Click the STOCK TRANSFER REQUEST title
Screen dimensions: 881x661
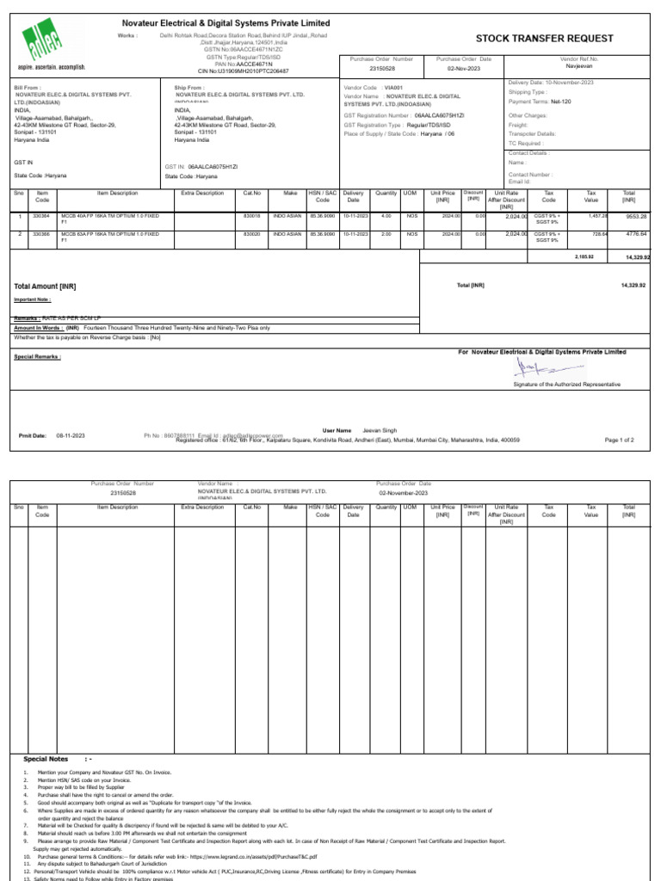tap(545, 39)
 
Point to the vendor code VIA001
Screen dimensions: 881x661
tap(392, 88)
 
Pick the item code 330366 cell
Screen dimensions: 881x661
tap(41, 233)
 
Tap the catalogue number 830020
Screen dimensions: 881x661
tap(251, 233)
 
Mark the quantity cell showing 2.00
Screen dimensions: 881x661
tap(386, 233)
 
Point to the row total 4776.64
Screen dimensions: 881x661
tap(634, 233)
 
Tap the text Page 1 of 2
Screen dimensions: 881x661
tap(620, 440)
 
